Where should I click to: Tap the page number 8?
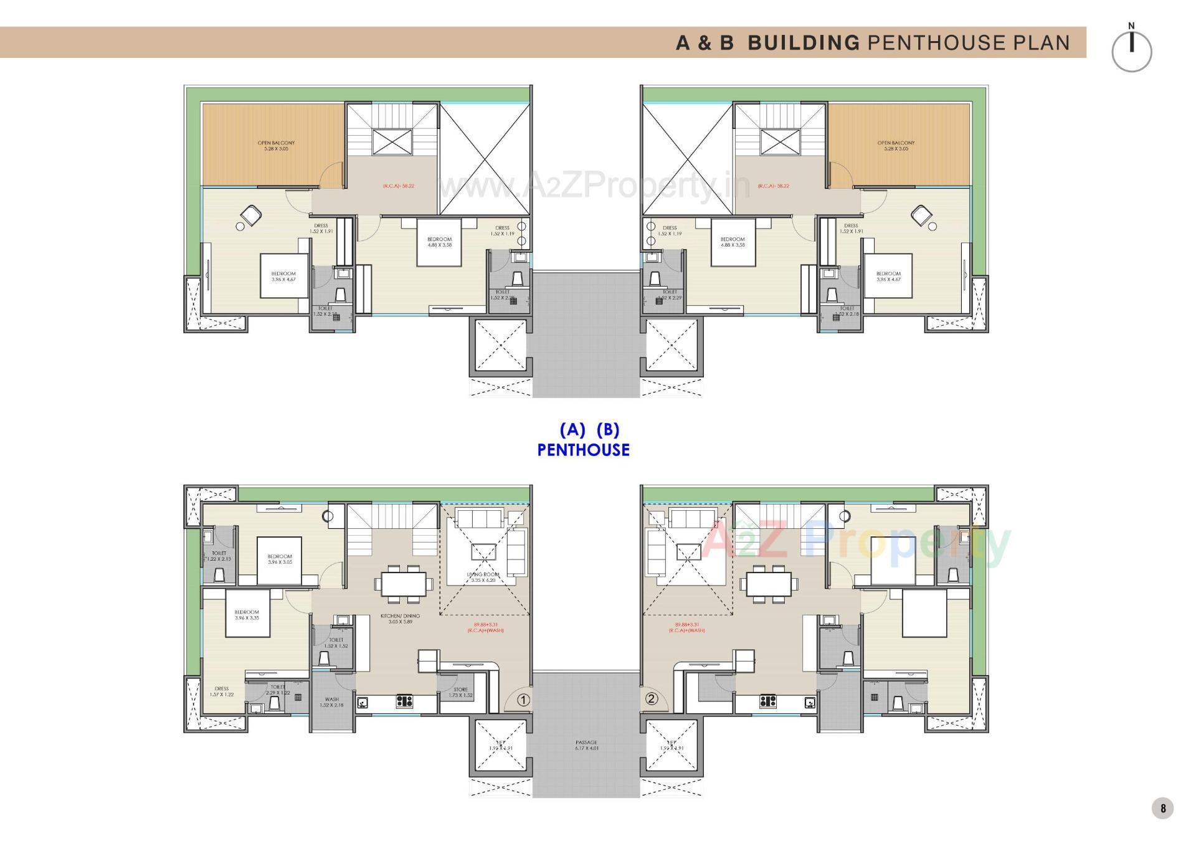[1162, 809]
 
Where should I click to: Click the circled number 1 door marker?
[523, 700]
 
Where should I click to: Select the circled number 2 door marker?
[652, 698]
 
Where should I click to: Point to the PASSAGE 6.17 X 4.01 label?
[586, 745]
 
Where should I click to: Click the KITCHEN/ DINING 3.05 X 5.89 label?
[400, 619]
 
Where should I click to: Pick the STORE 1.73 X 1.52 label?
[460, 692]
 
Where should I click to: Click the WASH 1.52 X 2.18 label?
[331, 702]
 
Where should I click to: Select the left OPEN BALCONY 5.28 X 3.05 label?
[276, 146]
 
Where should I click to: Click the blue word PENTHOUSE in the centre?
[583, 450]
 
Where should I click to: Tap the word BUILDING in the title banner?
[803, 42]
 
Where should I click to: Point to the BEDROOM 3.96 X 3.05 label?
[280, 559]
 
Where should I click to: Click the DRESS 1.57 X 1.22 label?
[221, 691]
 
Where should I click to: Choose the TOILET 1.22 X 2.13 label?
[219, 556]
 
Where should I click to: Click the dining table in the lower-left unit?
[404, 584]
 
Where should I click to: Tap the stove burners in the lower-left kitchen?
[404, 702]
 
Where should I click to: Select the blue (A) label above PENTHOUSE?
[572, 430]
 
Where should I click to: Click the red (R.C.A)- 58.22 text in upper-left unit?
[399, 186]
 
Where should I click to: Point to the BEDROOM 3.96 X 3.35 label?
[247, 615]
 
